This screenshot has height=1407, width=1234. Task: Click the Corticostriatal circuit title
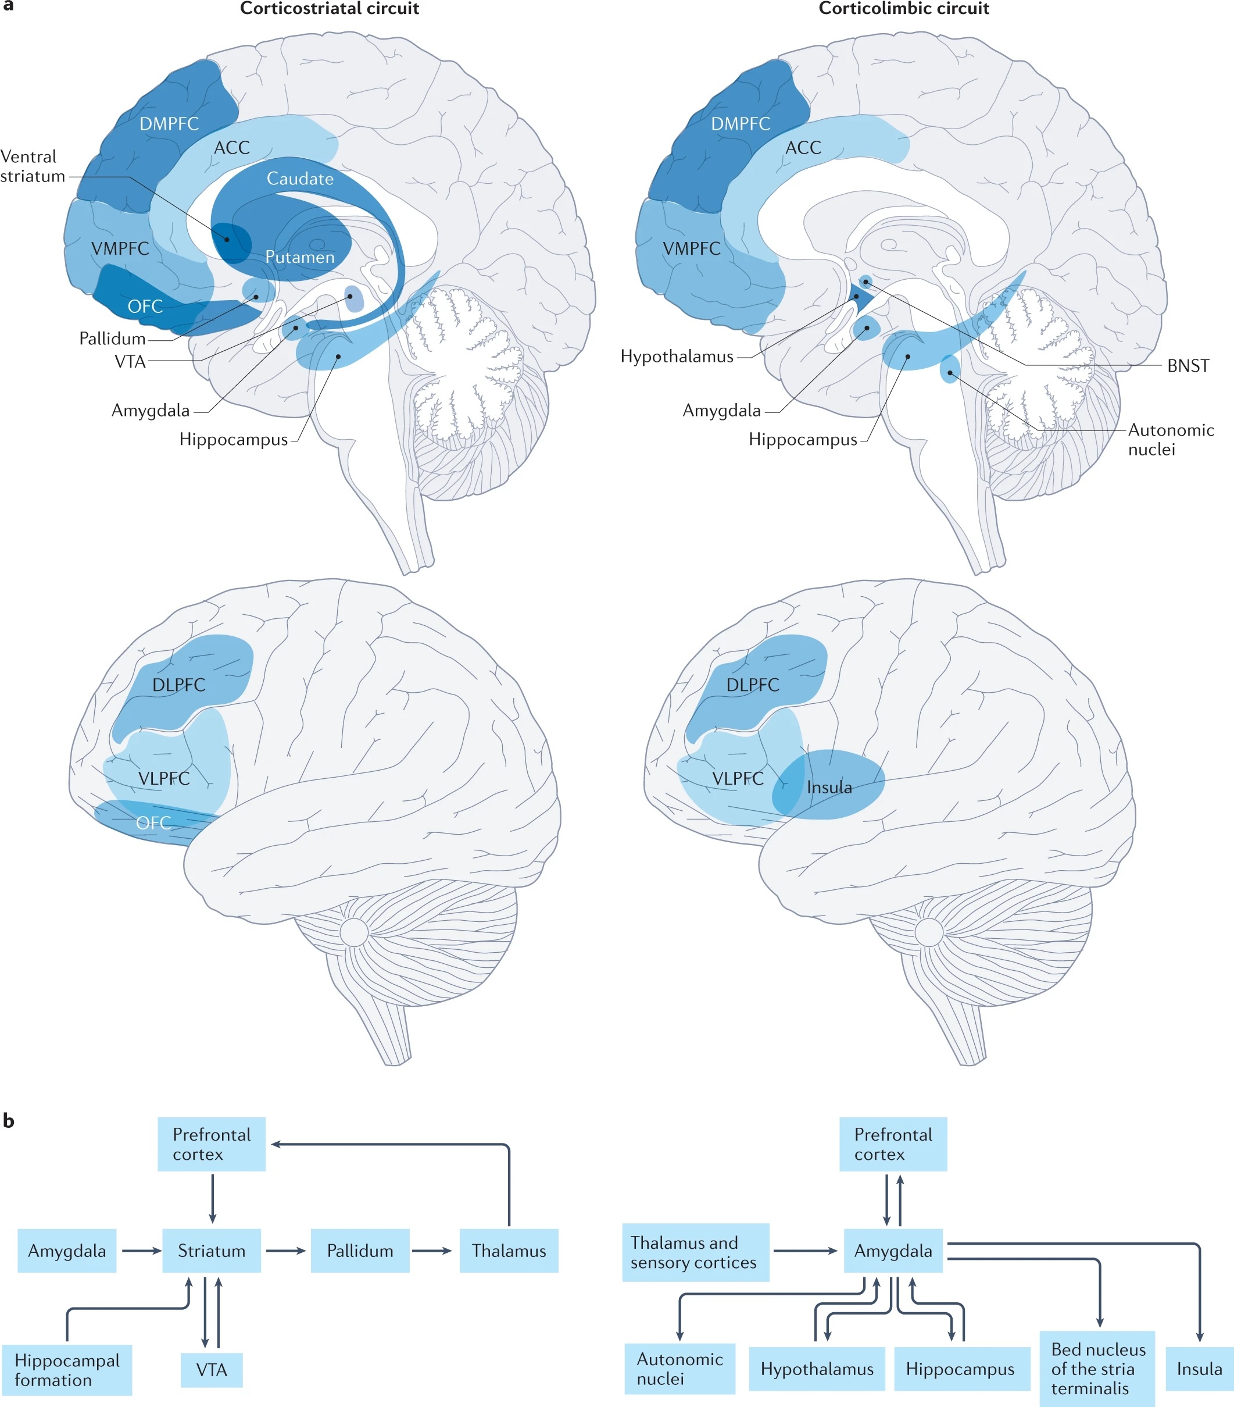(329, 9)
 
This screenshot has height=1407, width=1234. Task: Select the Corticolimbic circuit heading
(903, 9)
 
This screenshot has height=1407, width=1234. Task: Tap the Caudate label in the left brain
(300, 179)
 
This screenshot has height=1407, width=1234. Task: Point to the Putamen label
(300, 258)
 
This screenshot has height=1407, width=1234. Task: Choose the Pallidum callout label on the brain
(112, 339)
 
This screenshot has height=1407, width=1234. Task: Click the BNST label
(1187, 366)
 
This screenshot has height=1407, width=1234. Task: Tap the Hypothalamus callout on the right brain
(677, 357)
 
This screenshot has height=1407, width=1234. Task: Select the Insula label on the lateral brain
(829, 788)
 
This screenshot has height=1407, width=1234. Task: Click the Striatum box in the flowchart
(212, 1251)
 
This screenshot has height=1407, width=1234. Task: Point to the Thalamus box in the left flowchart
(509, 1251)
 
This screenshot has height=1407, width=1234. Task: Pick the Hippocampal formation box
(67, 1370)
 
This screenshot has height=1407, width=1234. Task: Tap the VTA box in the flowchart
(212, 1370)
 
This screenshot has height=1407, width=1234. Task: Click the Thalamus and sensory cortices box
(695, 1252)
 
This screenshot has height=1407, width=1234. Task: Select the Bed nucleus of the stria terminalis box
(1097, 1369)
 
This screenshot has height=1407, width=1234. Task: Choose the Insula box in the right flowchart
(1199, 1369)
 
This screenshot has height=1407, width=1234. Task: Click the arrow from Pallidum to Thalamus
(431, 1251)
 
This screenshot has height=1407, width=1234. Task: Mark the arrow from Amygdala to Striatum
(140, 1251)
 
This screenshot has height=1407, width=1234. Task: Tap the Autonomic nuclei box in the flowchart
(679, 1369)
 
